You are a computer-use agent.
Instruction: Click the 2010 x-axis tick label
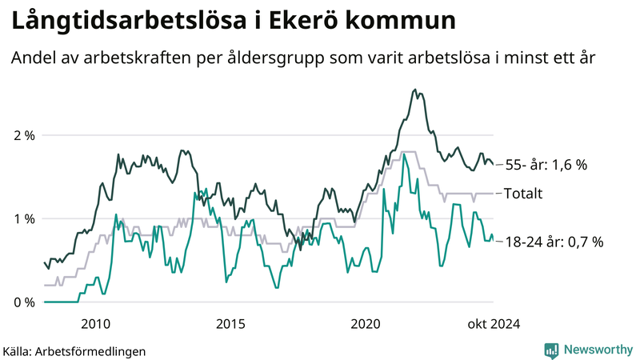(95, 324)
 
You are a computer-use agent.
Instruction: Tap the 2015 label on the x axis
(230, 324)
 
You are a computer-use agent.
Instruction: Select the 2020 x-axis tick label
(366, 324)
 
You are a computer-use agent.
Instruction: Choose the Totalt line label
(523, 194)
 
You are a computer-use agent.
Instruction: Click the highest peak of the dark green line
(414, 90)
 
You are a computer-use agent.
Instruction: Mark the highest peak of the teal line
(404, 154)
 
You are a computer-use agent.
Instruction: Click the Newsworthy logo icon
(551, 350)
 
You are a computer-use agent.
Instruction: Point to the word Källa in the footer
(20, 350)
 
